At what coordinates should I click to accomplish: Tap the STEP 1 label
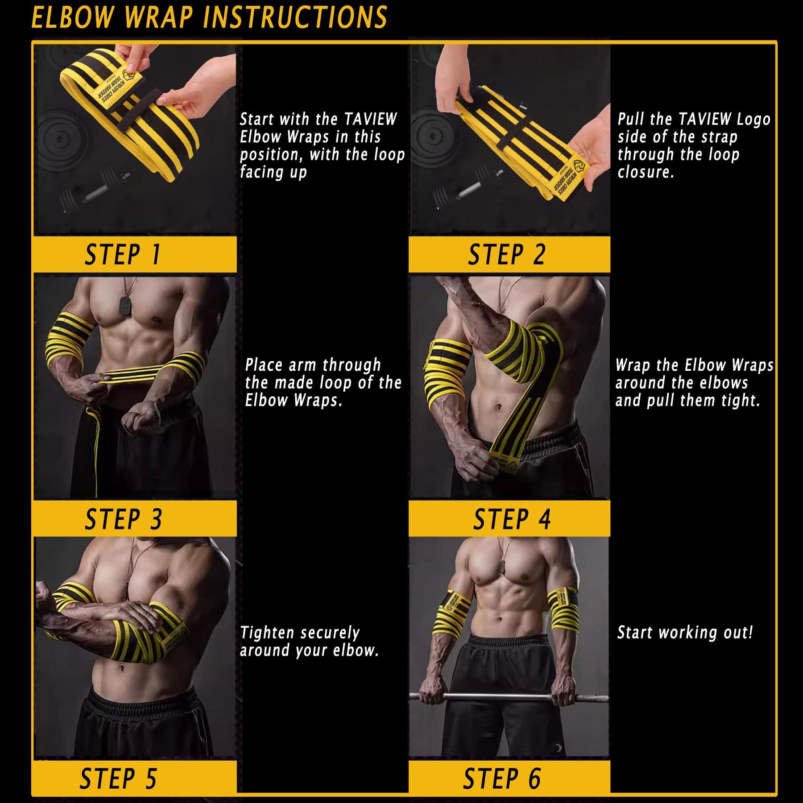(122, 255)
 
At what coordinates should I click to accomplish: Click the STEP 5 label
(118, 778)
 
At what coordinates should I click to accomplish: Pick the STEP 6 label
(501, 778)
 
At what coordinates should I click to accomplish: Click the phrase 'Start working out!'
(685, 632)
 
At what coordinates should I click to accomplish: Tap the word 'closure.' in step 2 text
(646, 172)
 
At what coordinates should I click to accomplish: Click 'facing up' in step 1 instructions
(273, 172)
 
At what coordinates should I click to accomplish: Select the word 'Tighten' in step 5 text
(267, 632)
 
